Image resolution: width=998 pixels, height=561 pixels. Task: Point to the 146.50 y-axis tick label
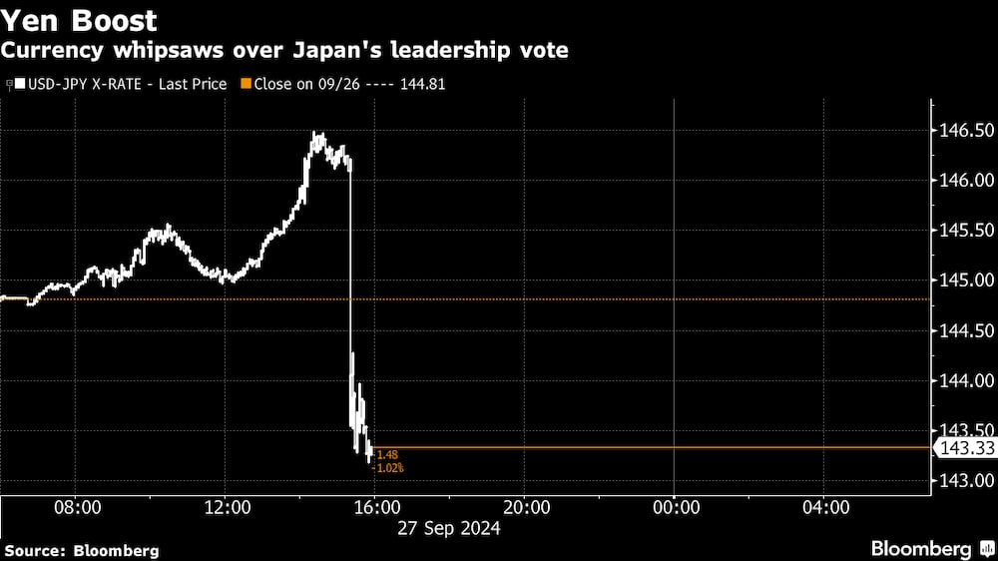[x=963, y=131]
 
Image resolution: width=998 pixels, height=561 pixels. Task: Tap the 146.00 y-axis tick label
[x=963, y=181]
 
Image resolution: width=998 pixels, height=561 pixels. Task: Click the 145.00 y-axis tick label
[x=963, y=280]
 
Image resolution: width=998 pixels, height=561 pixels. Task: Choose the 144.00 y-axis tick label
[x=963, y=380]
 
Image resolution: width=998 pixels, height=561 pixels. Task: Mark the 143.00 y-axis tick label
[x=963, y=480]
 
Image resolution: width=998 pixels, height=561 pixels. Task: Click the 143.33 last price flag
[x=963, y=448]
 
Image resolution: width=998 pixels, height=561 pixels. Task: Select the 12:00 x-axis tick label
[x=227, y=508]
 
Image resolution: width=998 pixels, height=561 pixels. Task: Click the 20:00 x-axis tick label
[x=526, y=508]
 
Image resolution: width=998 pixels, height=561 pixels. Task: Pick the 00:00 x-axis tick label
[x=675, y=508]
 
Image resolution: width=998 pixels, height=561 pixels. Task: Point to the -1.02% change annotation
[x=387, y=467]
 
